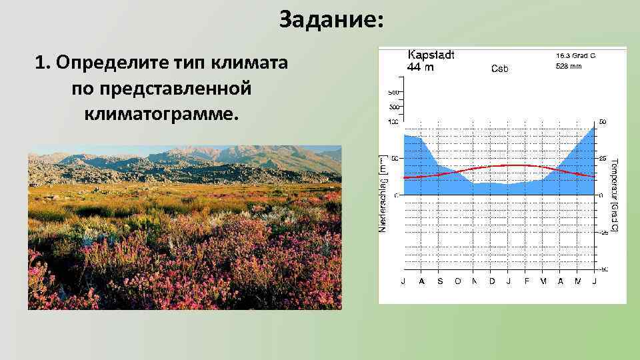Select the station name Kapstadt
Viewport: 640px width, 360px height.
pos(431,55)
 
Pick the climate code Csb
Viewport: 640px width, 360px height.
pos(500,68)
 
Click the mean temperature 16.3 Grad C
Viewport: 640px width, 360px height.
pos(575,56)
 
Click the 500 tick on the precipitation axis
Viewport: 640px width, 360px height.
pos(393,92)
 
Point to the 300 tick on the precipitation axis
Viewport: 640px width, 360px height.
pos(393,107)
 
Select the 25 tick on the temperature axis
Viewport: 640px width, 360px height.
pos(603,159)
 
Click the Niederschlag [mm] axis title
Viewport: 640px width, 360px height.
pos(383,199)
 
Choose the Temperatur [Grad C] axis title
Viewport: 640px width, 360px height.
pos(614,195)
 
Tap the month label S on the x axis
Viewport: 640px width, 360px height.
pos(440,281)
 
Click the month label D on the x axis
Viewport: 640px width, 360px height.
pos(492,281)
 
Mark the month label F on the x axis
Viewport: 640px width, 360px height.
pos(527,281)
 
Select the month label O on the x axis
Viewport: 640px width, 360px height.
pos(457,281)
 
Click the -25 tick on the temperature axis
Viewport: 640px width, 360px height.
pos(603,232)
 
